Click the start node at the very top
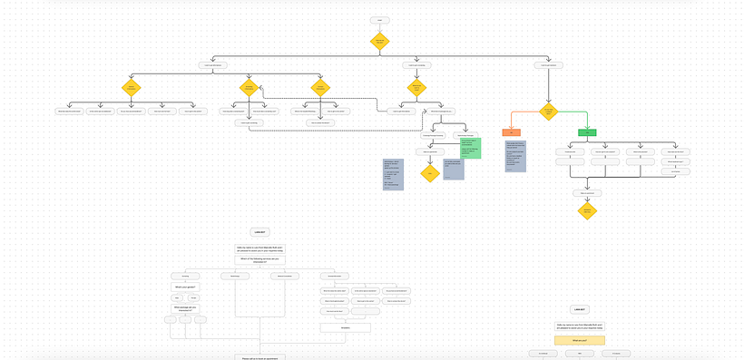click(380, 19)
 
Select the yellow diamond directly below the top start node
click(380, 41)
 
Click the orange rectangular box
click(512, 132)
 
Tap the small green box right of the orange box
click(587, 132)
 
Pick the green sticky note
click(469, 148)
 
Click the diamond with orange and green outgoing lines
click(547, 112)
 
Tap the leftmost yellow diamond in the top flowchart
click(132, 88)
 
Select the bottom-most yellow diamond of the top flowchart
click(587, 210)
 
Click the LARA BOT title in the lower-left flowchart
click(260, 232)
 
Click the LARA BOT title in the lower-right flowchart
click(580, 309)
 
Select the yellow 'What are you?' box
click(580, 340)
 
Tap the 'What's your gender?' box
click(185, 286)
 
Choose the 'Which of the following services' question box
click(260, 259)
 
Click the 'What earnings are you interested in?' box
click(185, 306)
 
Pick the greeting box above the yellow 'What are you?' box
click(580, 326)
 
